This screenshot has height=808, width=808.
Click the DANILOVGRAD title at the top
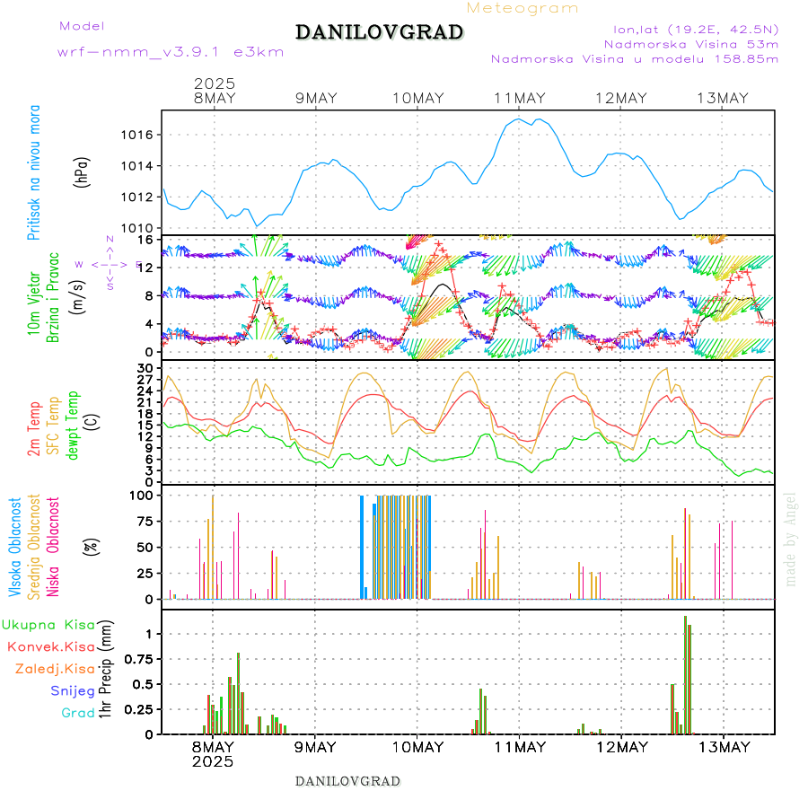point(379,33)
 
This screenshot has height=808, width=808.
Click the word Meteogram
point(523,8)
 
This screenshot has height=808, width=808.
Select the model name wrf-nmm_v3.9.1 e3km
point(171,52)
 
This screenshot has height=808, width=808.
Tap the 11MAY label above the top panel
point(518,99)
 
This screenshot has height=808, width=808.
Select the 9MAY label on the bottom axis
point(315,747)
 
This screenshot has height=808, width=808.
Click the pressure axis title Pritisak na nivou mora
point(34,173)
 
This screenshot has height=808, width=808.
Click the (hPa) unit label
point(83,173)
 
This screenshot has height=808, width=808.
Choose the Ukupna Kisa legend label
point(48,624)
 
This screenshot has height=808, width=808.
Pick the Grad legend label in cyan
point(77,714)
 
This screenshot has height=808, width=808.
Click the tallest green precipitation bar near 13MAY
point(685,673)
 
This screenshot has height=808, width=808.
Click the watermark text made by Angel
point(791,539)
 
